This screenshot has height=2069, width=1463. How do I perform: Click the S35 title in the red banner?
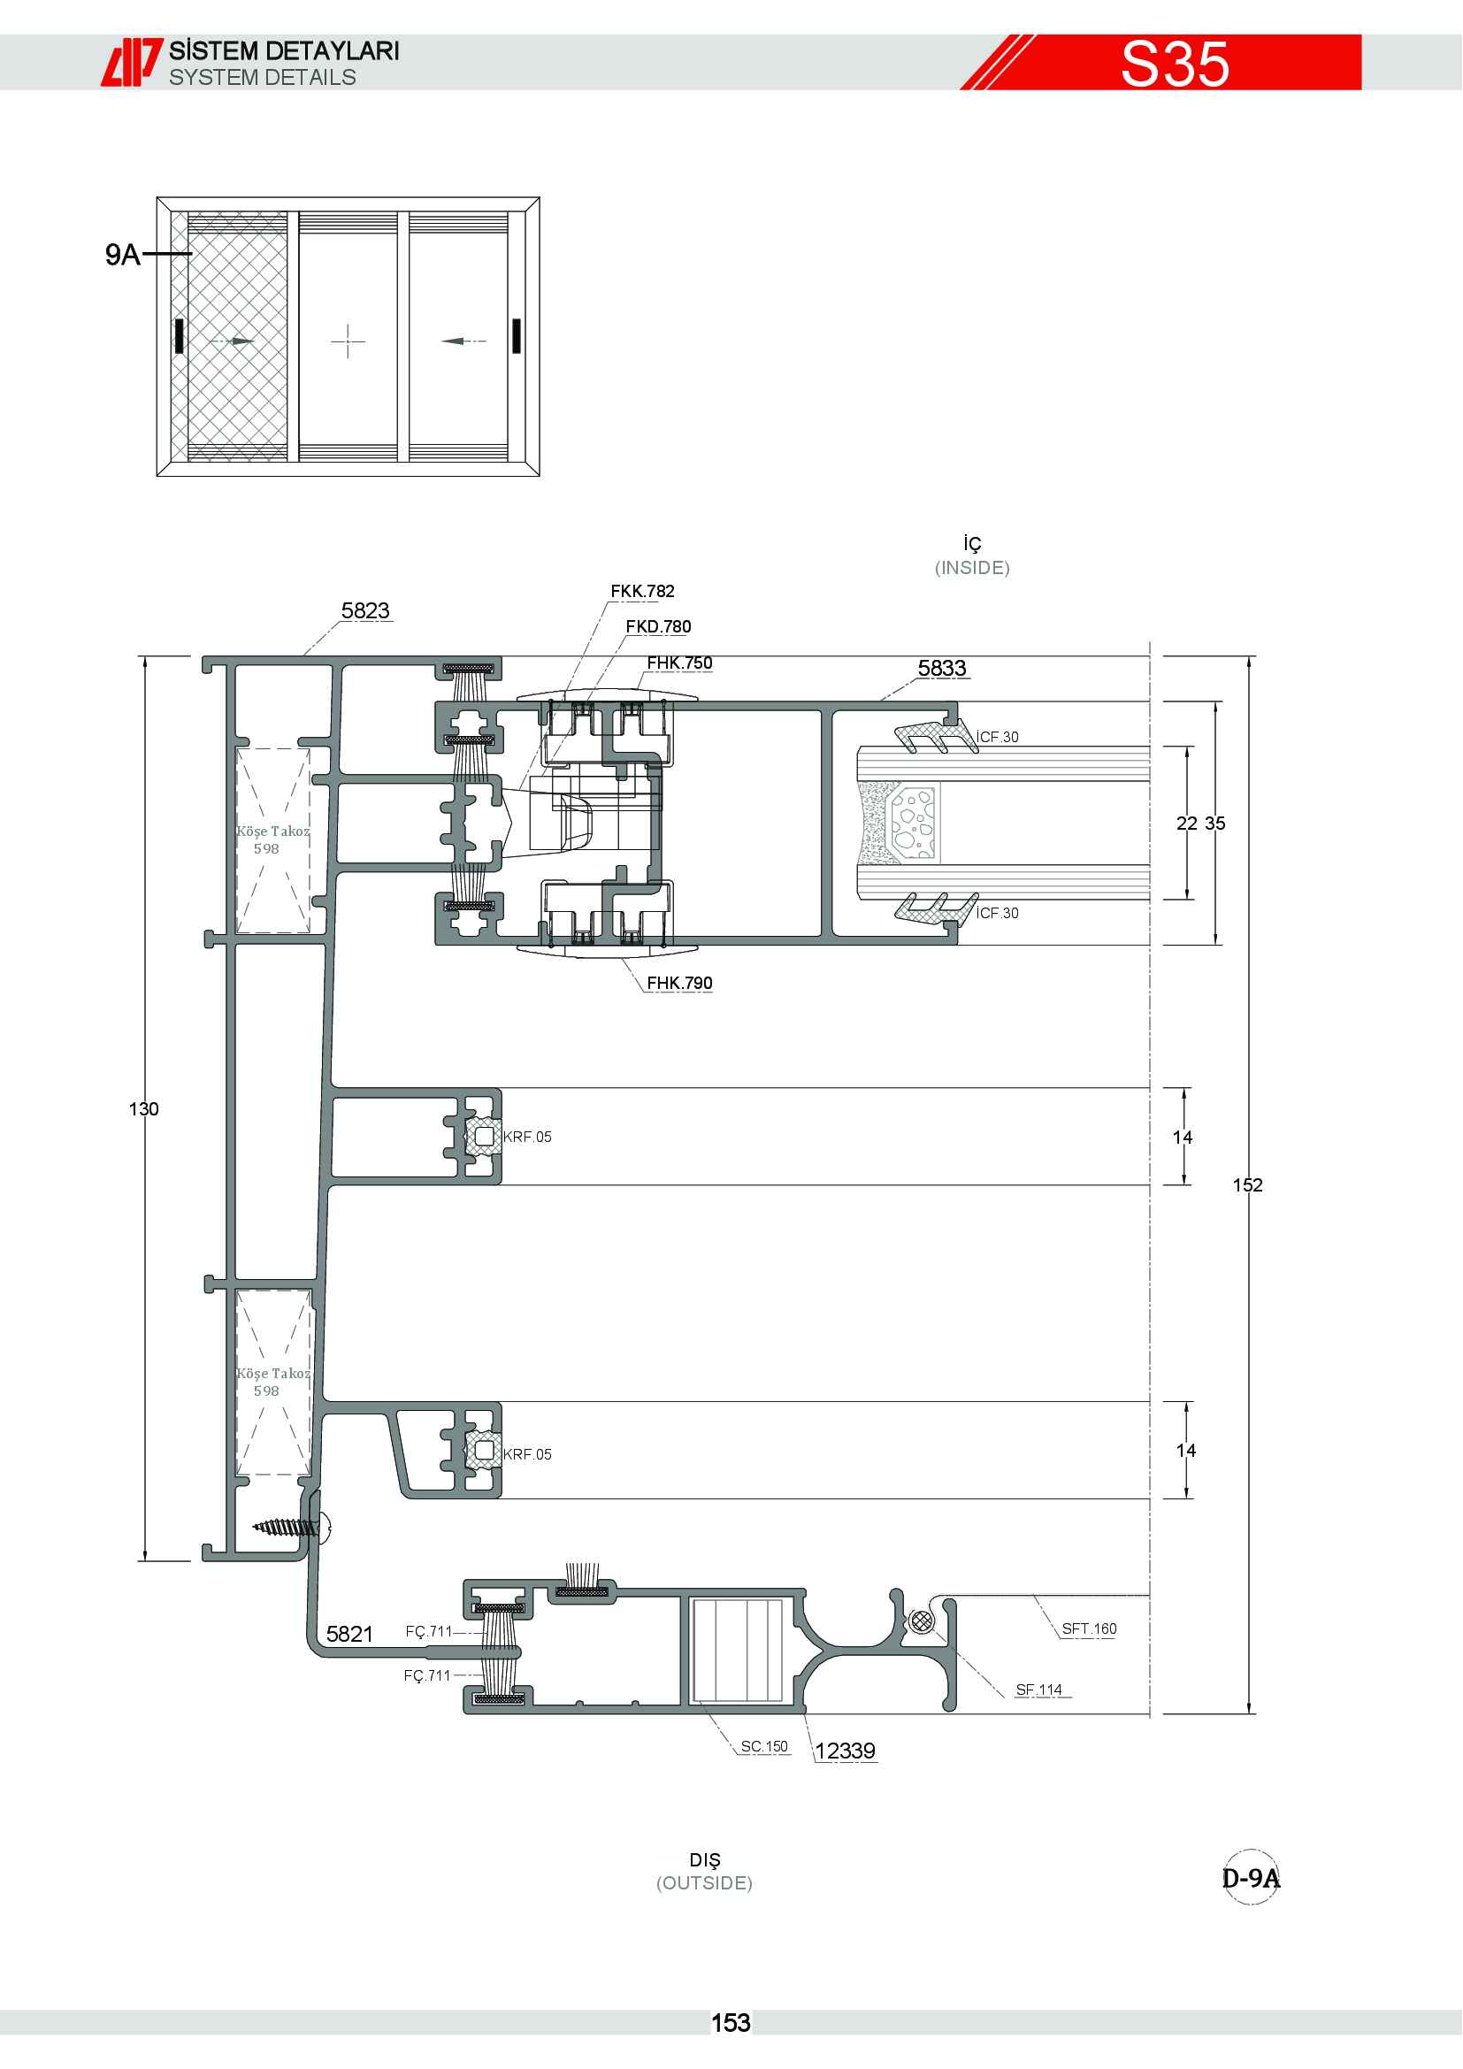pyautogui.click(x=1175, y=63)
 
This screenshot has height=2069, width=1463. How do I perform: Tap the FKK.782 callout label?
pyautogui.click(x=642, y=591)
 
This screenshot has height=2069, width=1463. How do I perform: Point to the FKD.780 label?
pyautogui.click(x=659, y=626)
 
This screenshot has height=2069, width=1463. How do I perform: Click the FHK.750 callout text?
pyautogui.click(x=679, y=663)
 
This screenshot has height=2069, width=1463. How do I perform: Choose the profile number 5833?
pyautogui.click(x=941, y=668)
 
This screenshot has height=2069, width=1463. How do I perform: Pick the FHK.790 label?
pyautogui.click(x=679, y=982)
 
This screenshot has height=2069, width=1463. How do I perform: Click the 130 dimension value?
pyautogui.click(x=143, y=1108)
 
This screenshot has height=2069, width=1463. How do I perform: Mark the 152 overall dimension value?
pyautogui.click(x=1248, y=1185)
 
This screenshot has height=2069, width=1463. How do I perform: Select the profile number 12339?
pyautogui.click(x=845, y=1751)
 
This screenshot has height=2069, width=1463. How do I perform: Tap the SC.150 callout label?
pyautogui.click(x=764, y=1746)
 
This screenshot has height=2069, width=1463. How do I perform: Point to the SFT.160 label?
pyautogui.click(x=1089, y=1628)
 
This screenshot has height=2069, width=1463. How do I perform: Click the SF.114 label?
pyautogui.click(x=1038, y=1690)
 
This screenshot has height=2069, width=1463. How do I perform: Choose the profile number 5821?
pyautogui.click(x=349, y=1634)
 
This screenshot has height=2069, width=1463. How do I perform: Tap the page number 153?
pyautogui.click(x=731, y=2023)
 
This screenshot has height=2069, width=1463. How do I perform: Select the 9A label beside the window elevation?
pyautogui.click(x=123, y=254)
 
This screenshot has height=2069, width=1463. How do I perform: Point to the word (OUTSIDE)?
pyautogui.click(x=704, y=1882)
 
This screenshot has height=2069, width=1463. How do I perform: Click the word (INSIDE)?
pyautogui.click(x=972, y=568)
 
